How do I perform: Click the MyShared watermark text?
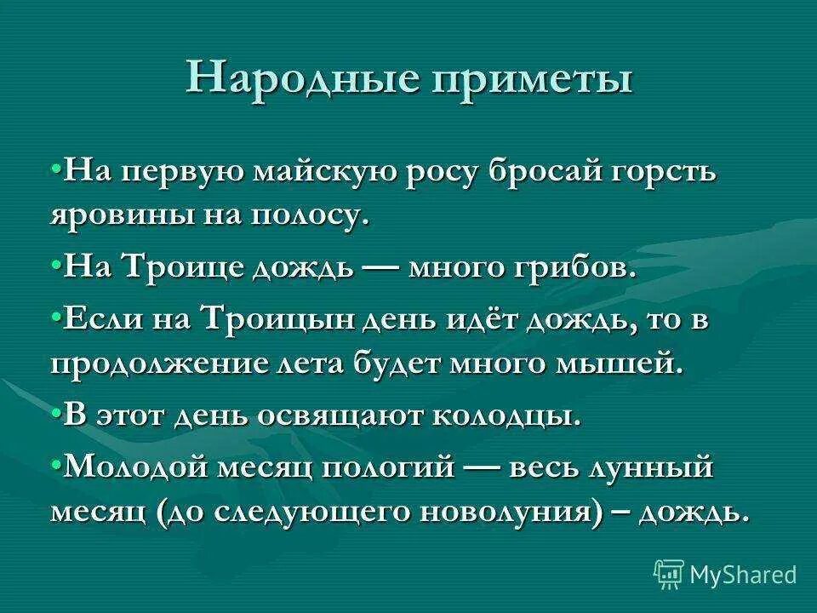click(743, 574)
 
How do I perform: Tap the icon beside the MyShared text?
click(670, 572)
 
